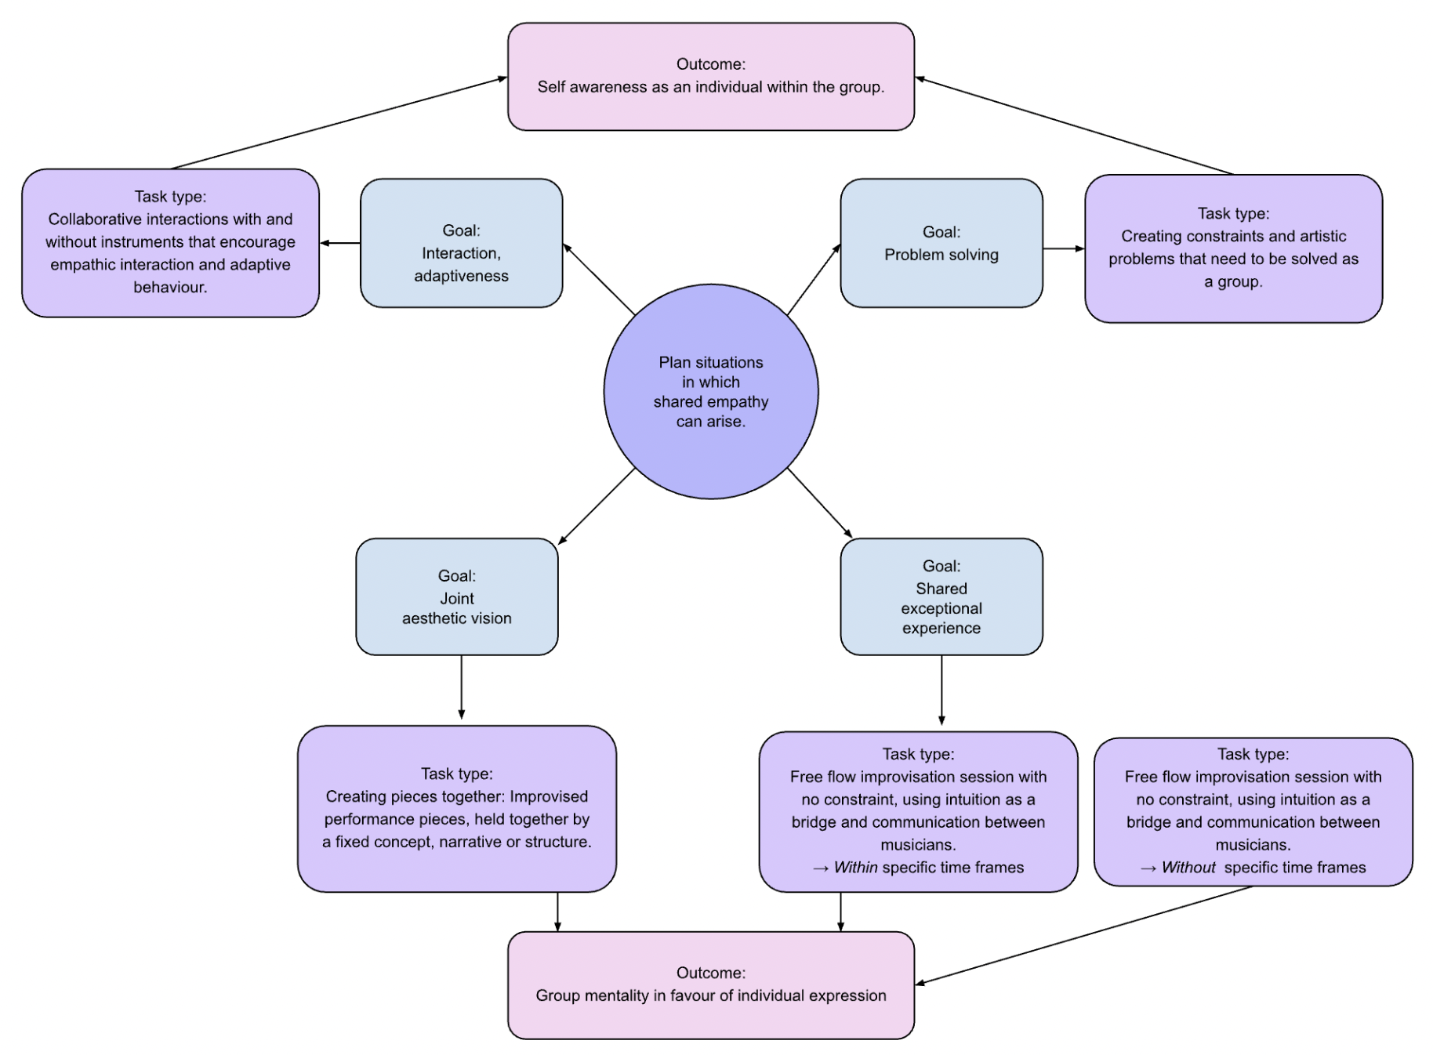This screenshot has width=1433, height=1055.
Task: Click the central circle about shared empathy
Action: pos(710,391)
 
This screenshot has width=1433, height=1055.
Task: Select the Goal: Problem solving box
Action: pos(941,243)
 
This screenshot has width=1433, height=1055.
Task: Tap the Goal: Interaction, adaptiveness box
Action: pos(461,243)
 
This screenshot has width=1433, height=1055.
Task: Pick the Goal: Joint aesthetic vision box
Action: pos(456,596)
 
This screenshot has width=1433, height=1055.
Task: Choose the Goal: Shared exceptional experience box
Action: pos(941,596)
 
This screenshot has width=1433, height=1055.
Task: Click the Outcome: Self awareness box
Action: pos(710,76)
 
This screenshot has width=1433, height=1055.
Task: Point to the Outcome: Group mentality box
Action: pos(710,984)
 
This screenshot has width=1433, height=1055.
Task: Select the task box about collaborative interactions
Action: pos(170,242)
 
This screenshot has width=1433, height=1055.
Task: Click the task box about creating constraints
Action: pos(1232,248)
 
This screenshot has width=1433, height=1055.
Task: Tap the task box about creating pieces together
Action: pos(456,808)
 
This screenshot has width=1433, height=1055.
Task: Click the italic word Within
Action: pos(855,868)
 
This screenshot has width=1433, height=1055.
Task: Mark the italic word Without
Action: pos(1188,868)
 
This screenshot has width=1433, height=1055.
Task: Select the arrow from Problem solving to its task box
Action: pos(1064,248)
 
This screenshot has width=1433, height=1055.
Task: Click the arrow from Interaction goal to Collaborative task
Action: pos(340,243)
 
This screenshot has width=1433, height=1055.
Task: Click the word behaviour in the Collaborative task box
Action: pos(169,288)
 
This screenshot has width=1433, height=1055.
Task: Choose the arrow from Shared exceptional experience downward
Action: pos(941,690)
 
